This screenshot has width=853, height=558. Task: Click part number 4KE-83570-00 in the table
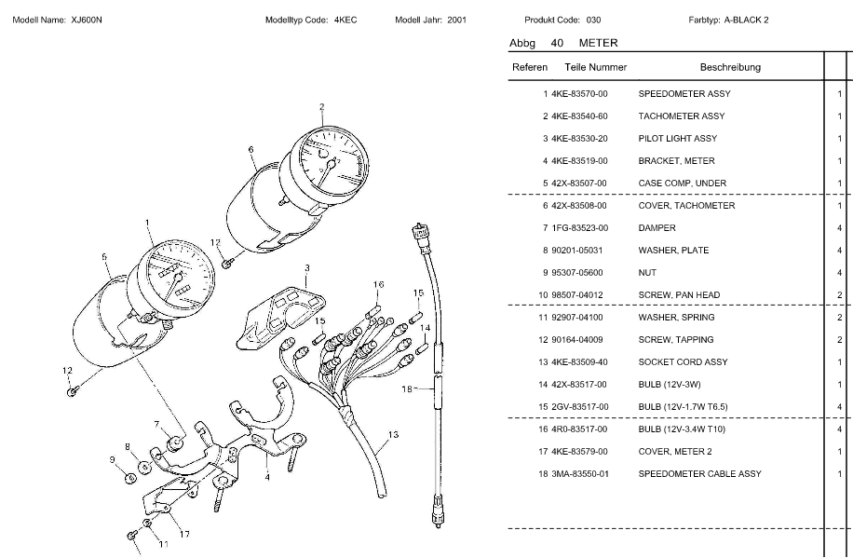point(579,94)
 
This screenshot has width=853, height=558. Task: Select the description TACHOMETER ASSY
point(681,116)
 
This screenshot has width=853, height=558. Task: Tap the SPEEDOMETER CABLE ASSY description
point(699,474)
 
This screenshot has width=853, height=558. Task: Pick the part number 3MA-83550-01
point(579,474)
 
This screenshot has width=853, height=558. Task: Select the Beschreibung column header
point(730,67)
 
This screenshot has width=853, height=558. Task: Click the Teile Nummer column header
point(595,67)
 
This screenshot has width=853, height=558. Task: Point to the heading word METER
point(598,43)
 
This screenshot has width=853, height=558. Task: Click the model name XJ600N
point(87,20)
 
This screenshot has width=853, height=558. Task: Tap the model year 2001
point(457,20)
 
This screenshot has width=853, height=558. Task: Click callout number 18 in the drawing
point(406,389)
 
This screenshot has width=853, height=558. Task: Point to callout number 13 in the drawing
point(393,435)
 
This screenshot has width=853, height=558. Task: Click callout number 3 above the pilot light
point(306,267)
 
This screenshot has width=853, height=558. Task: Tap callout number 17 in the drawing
point(184,534)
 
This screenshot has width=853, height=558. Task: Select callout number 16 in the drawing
point(379,284)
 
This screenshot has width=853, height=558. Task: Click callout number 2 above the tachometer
point(321,106)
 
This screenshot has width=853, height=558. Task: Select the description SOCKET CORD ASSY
point(683,362)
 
